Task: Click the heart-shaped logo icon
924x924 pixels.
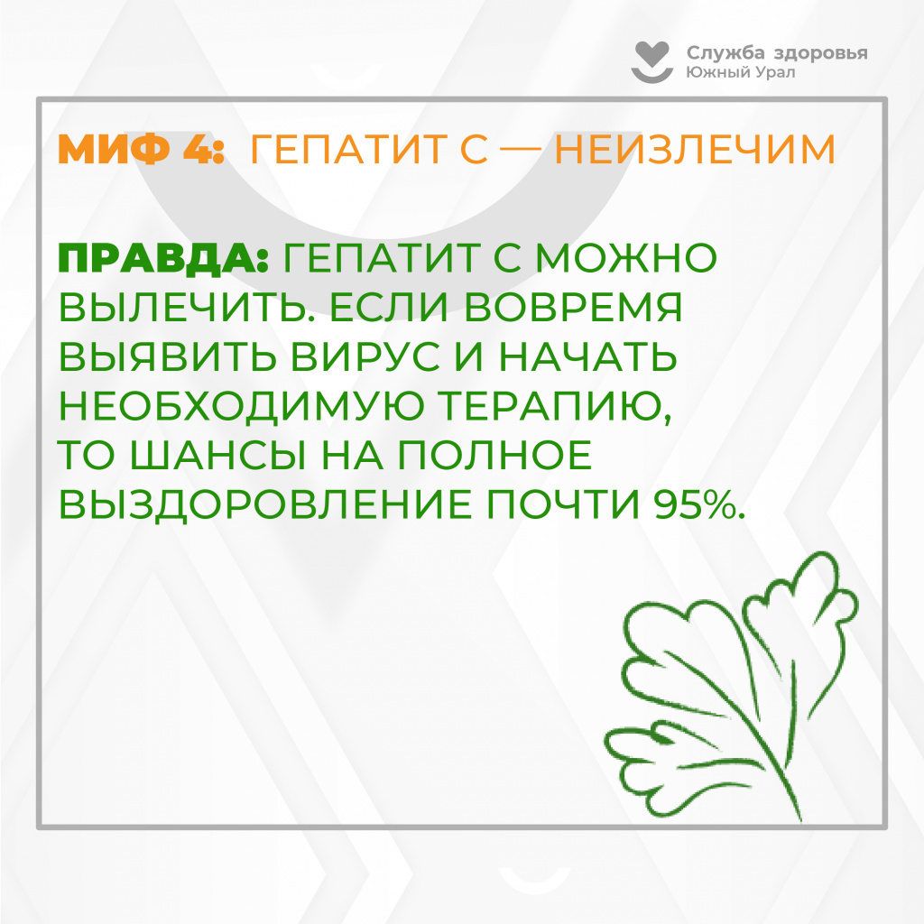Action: point(652,62)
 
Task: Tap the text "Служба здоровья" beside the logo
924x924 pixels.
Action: point(777,53)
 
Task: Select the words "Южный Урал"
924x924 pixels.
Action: point(740,72)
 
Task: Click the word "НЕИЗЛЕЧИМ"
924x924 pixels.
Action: point(695,149)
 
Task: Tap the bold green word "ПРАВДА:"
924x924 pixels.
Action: point(164,259)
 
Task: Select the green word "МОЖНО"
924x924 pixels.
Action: point(625,258)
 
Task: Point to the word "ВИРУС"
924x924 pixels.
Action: point(365,356)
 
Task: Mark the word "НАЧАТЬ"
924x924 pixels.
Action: point(588,356)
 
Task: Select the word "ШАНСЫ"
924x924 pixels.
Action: point(218,456)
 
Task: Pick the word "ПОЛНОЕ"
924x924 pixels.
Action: point(494,456)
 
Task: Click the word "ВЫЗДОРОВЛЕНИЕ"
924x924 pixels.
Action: point(265,505)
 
